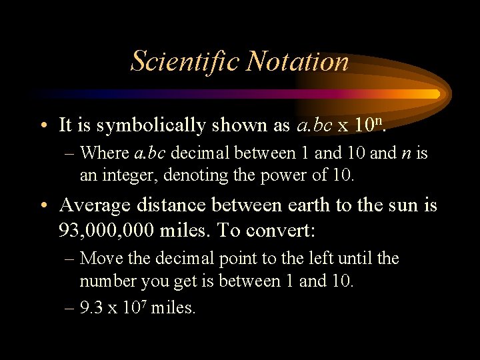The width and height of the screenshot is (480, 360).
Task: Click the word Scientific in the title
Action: click(185, 61)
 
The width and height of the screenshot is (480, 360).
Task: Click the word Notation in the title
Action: click(297, 61)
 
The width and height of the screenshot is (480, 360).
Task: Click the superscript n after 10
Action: click(392, 121)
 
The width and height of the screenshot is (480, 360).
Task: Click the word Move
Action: click(97, 258)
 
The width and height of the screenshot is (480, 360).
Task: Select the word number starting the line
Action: click(105, 281)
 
